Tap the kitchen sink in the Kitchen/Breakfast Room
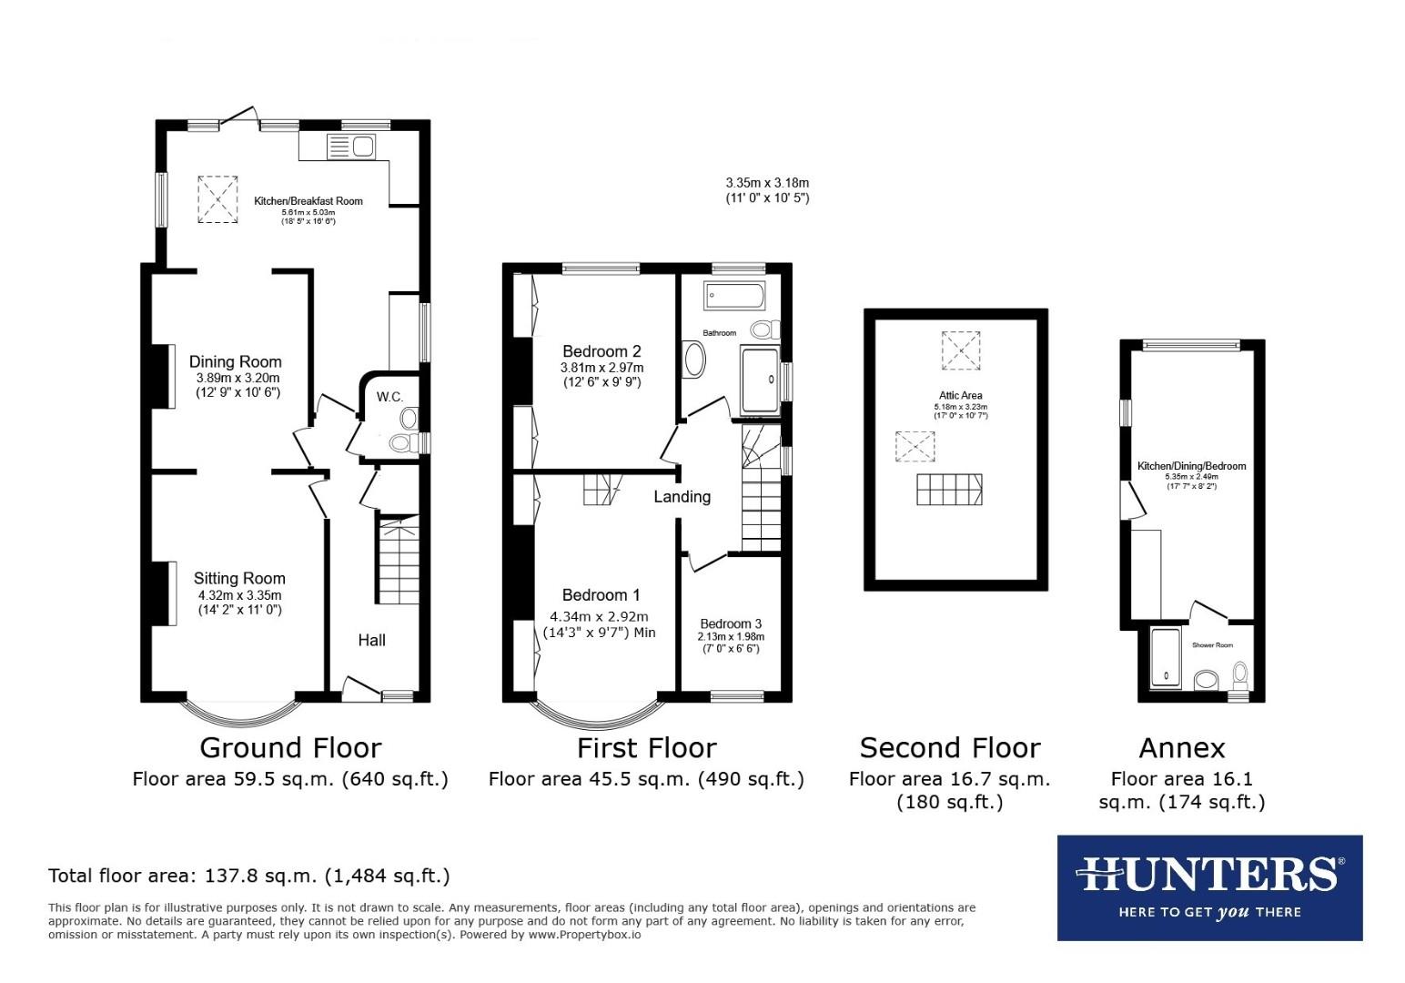tap(350, 146)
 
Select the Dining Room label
tap(235, 361)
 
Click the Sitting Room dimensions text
tap(239, 603)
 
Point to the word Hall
tap(371, 640)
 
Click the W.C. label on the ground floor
tap(389, 396)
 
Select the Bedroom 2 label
tap(601, 351)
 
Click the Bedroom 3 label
tap(730, 623)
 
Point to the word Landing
tap(682, 496)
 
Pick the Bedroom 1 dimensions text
tap(599, 623)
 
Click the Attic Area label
tap(959, 396)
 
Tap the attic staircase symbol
tap(949, 490)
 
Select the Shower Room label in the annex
tap(1212, 645)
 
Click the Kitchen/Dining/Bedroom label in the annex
tap(1191, 466)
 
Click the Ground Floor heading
tap(289, 747)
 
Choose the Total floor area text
tap(248, 876)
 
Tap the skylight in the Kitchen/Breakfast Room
tap(217, 198)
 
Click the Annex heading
tap(1181, 747)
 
